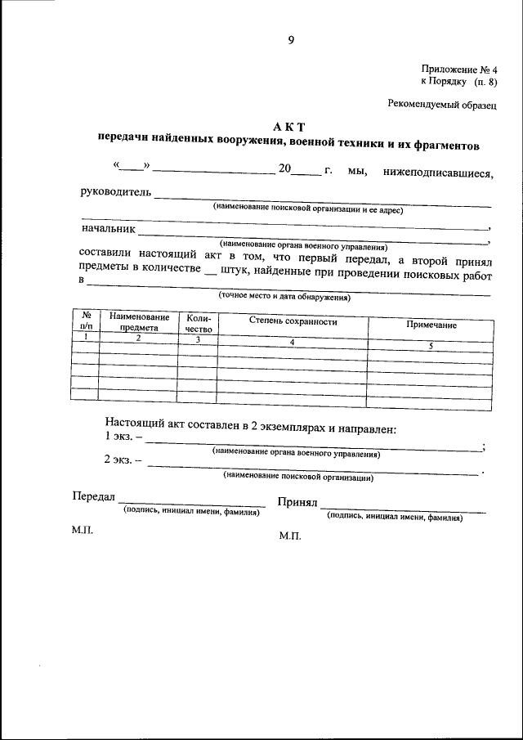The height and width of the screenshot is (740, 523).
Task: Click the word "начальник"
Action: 107,230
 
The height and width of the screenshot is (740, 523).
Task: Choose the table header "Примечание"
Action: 431,325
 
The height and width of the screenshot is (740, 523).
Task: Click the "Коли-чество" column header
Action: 199,323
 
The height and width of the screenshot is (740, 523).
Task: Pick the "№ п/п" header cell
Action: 85,320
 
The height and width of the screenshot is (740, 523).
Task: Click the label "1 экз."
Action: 123,437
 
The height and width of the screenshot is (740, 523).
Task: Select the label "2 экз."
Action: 123,460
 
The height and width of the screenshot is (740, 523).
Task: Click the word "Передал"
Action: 94,498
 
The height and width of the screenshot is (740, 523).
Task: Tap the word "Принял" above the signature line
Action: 297,502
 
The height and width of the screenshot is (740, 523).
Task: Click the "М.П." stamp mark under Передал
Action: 83,531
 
